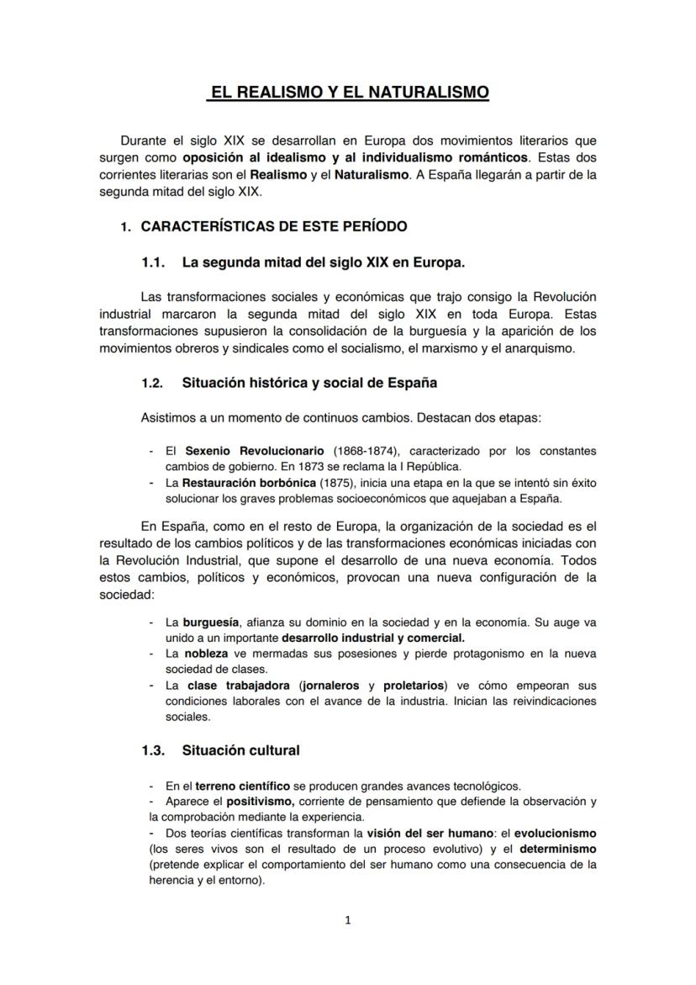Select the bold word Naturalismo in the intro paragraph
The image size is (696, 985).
(370, 175)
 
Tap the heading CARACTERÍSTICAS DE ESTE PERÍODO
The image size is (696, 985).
(274, 227)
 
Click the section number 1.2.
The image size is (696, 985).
(152, 383)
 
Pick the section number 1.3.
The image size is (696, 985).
(152, 749)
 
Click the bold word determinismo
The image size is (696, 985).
(557, 849)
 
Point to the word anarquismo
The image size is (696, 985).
(538, 347)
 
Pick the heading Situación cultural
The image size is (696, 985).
(240, 749)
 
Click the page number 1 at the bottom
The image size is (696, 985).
(348, 919)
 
